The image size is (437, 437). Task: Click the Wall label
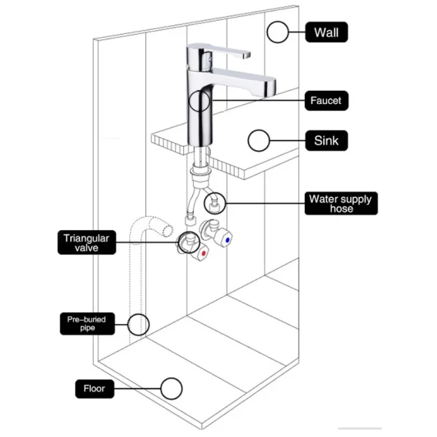(326, 32)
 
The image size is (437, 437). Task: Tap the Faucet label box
(326, 101)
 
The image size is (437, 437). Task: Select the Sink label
(326, 141)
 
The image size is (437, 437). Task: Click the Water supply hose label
(341, 203)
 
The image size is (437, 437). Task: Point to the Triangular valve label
(87, 242)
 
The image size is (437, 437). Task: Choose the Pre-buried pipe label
(87, 324)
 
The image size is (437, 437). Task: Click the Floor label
(95, 389)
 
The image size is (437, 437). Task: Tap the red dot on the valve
(204, 254)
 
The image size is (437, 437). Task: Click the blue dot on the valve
(228, 240)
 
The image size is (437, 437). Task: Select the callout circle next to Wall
(267, 32)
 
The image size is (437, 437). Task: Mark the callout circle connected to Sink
(248, 141)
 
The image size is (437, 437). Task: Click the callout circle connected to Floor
(161, 389)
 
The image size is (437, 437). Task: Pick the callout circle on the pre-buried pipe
(128, 325)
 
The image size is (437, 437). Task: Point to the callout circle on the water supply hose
(205, 203)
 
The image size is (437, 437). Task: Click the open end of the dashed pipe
(168, 231)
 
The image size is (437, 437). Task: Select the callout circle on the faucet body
(188, 101)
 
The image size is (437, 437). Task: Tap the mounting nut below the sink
(200, 171)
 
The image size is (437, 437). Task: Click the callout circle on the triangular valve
(178, 242)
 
